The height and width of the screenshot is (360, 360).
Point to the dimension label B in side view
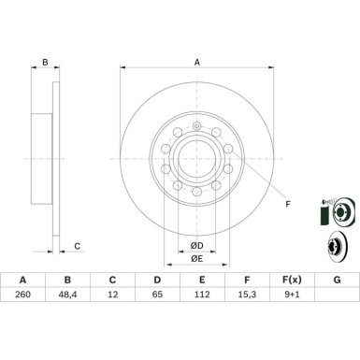click(44, 63)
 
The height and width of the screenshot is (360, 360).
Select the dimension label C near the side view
click(77, 246)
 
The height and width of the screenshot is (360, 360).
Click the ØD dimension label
click(197, 244)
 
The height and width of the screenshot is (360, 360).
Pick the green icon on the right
click(323, 214)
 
